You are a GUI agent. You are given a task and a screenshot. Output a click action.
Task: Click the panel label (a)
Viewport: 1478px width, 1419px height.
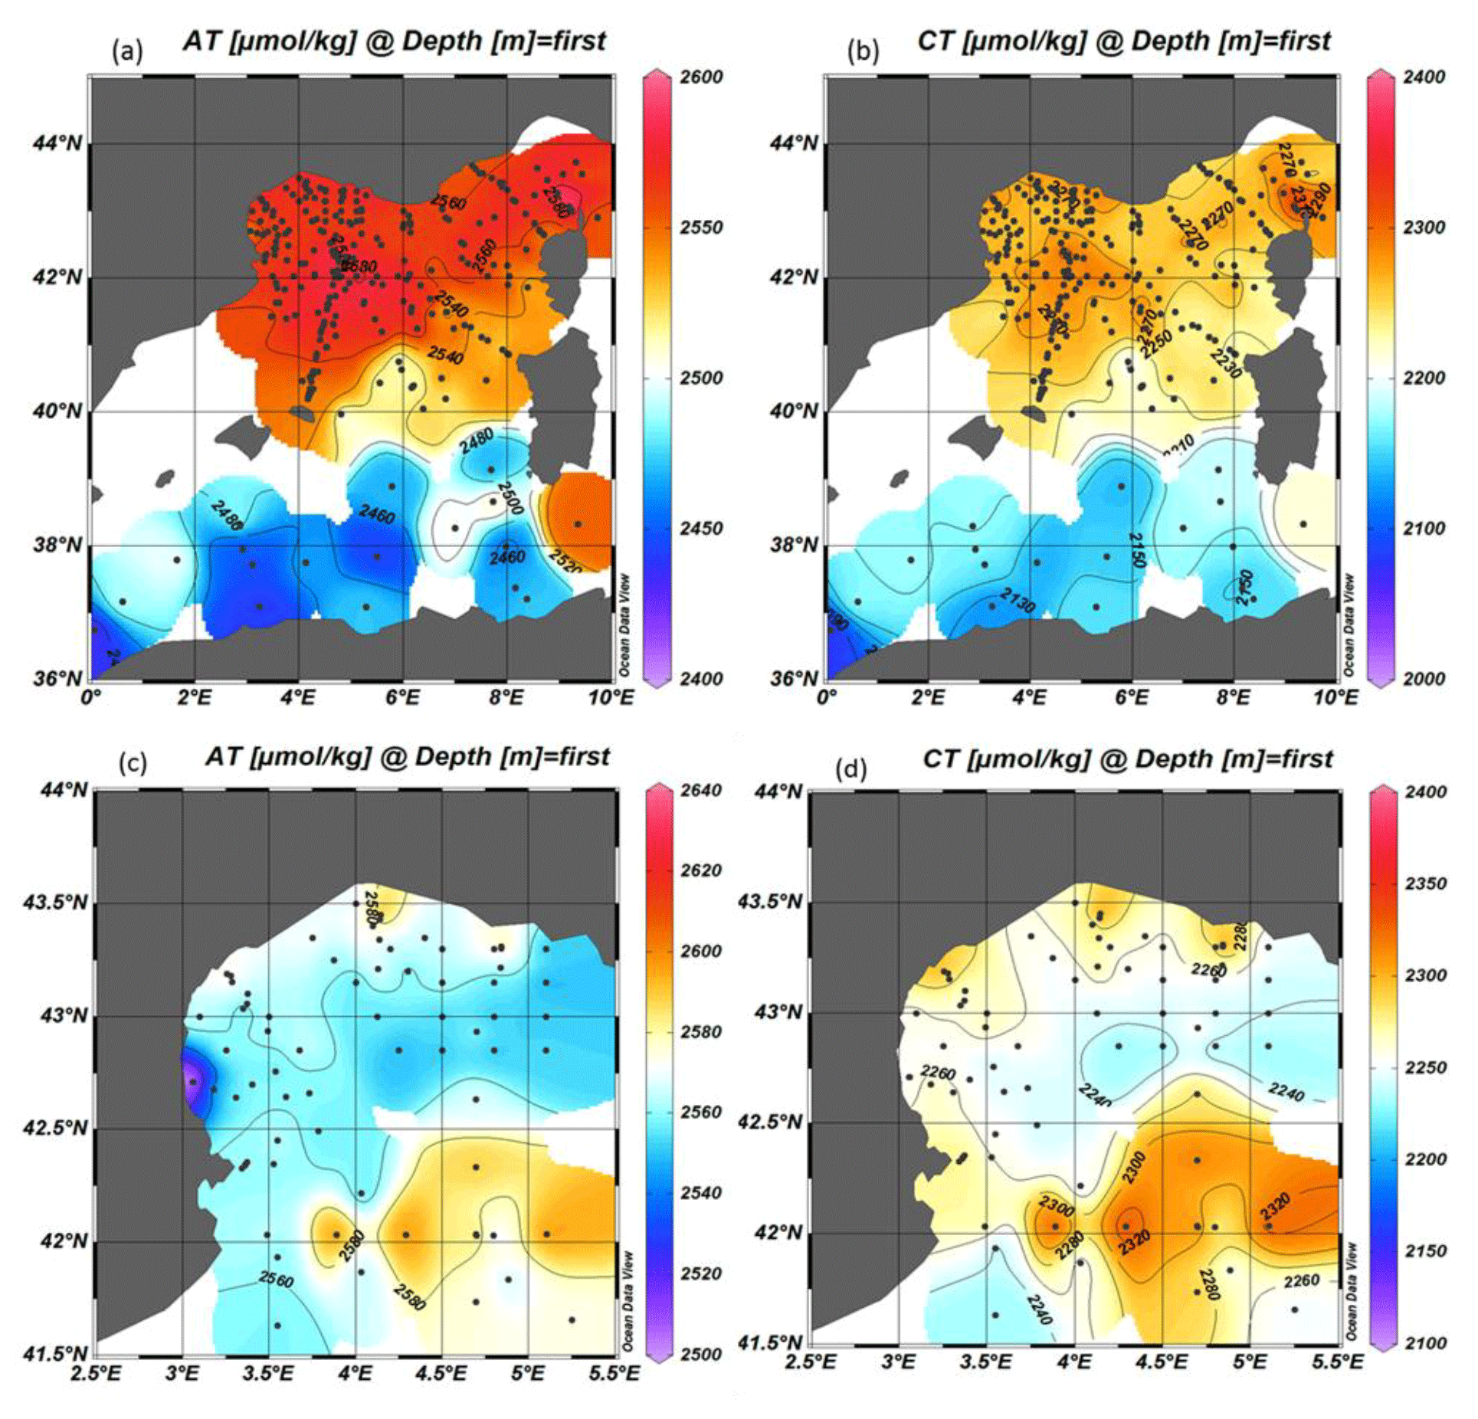[x=127, y=51]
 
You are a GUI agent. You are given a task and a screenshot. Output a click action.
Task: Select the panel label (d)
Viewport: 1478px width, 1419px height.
[x=850, y=768]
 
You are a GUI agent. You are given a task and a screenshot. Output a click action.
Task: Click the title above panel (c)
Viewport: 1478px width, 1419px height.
[x=407, y=757]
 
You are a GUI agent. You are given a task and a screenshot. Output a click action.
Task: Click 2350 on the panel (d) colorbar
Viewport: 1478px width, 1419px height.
[x=1426, y=883]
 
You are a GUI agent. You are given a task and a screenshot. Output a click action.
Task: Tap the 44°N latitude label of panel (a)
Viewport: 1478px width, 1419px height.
[x=57, y=143]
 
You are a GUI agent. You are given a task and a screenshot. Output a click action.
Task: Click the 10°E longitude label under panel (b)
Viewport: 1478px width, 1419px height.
[x=1337, y=698]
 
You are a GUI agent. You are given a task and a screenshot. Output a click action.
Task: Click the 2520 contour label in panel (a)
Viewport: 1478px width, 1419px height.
[x=565, y=562]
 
